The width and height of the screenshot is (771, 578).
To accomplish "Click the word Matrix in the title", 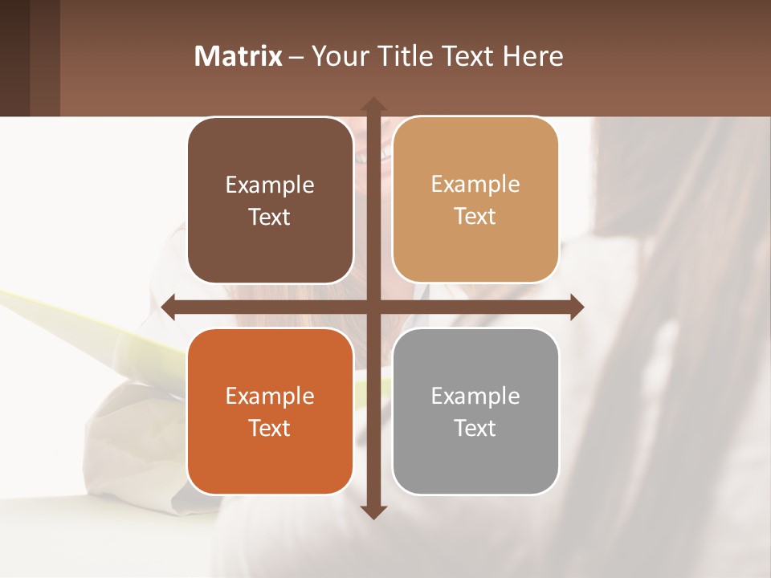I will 239,56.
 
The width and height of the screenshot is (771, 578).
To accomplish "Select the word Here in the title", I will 533,56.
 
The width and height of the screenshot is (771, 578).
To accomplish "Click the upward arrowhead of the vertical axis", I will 373,104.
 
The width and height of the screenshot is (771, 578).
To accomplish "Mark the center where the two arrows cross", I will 373,307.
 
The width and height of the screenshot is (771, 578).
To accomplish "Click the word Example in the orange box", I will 270,397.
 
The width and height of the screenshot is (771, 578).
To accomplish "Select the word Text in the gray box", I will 475,428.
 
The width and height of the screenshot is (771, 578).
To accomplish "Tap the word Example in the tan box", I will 475,185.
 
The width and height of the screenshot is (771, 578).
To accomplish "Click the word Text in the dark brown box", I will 270,218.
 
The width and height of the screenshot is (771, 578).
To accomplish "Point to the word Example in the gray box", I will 475,397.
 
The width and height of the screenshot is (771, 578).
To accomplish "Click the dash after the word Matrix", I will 296,57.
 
